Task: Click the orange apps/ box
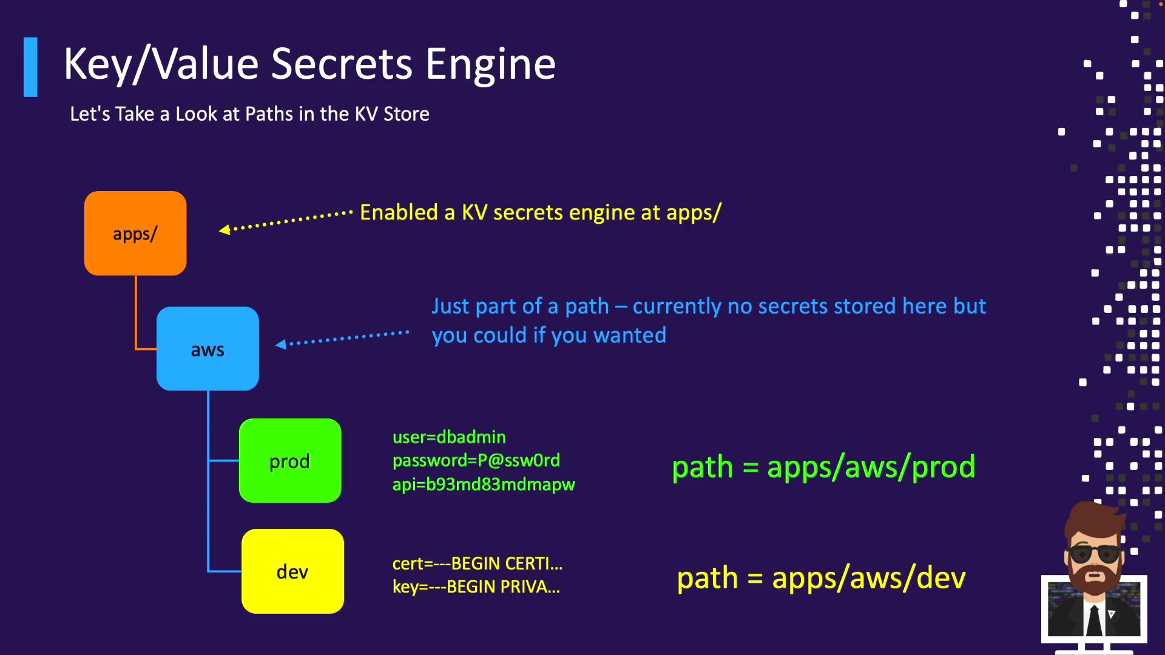tap(135, 233)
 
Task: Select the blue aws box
tap(208, 349)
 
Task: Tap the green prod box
tap(290, 461)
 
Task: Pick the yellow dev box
tap(292, 571)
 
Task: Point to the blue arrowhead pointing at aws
tap(281, 344)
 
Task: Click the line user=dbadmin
tap(449, 437)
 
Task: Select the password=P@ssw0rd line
tap(476, 460)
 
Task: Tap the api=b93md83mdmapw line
tap(484, 485)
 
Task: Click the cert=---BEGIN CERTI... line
tap(478, 564)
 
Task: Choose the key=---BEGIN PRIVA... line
tap(476, 587)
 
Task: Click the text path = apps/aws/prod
tap(823, 467)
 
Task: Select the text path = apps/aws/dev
tap(821, 578)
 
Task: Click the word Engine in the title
tap(490, 64)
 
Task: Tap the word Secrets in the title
tap(342, 64)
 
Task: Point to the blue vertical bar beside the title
tap(30, 67)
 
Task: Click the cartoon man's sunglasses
tap(1095, 553)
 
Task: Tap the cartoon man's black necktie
tap(1094, 620)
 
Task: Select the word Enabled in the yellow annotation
tap(399, 213)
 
